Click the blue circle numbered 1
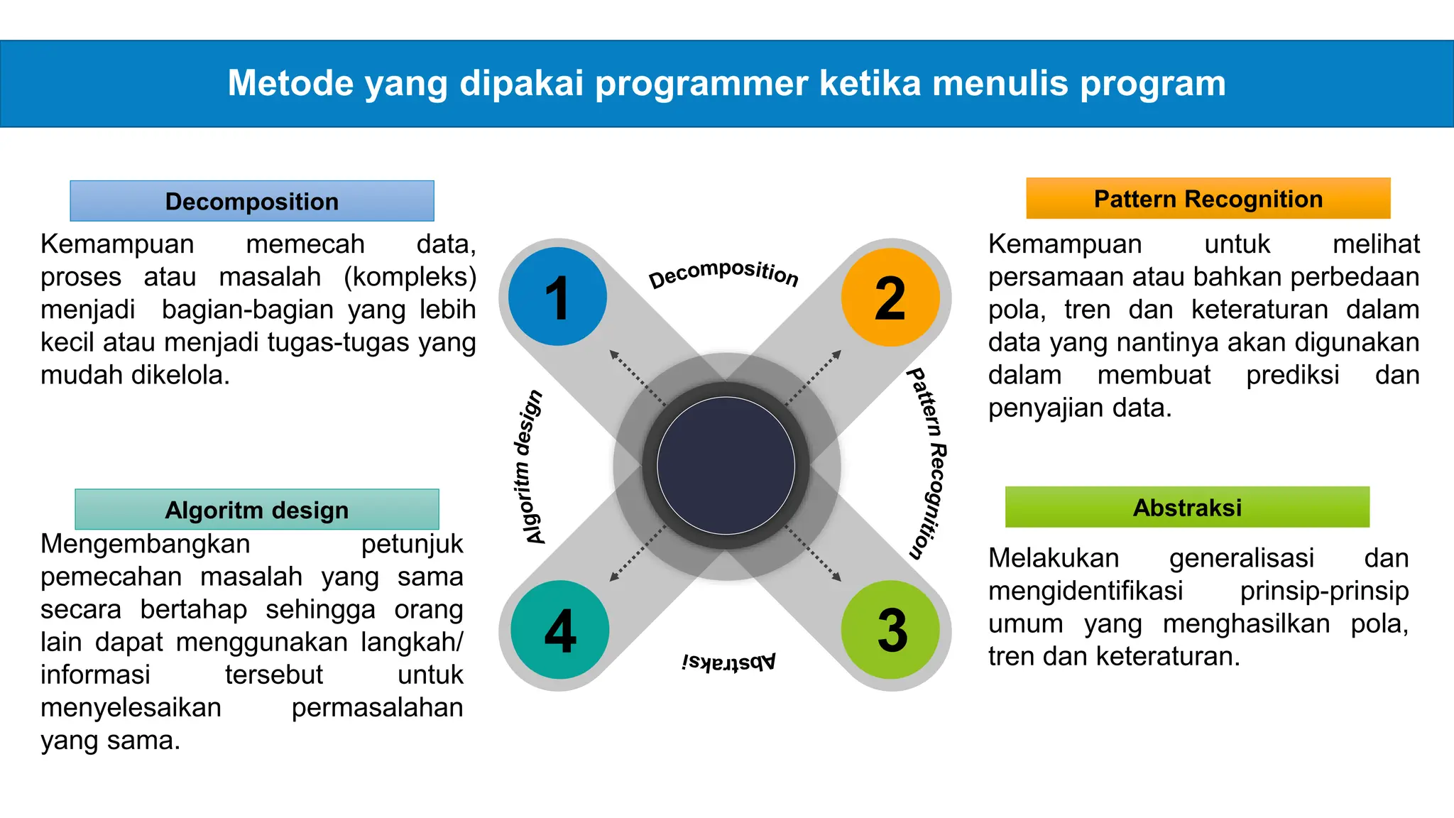coord(558,297)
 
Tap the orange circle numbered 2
coord(890,297)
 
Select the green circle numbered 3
coord(890,630)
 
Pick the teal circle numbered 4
coord(559,630)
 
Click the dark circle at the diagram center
coord(726,466)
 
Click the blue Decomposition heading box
coord(252,201)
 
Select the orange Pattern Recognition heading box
coord(1208,199)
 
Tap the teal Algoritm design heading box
coord(256,510)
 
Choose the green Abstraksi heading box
coord(1187,507)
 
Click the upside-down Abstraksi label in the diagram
coord(728,662)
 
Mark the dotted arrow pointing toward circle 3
coord(814,555)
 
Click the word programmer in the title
coord(701,83)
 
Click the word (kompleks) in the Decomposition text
coord(410,277)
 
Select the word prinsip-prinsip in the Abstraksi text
coord(1323,591)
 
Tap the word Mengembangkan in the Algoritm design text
coord(145,544)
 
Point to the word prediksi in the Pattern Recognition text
coord(1292,375)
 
